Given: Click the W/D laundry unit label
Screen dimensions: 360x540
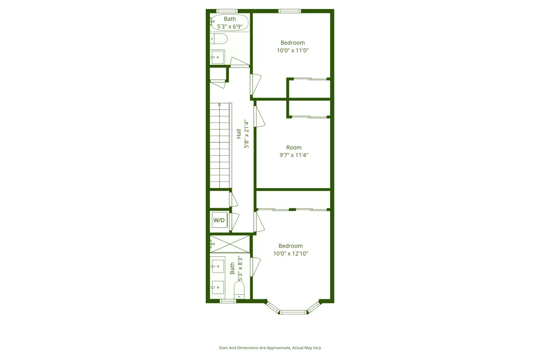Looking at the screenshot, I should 219,220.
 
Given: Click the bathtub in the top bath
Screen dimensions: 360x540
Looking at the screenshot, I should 229,22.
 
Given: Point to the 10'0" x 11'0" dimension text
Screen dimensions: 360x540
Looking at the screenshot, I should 292,50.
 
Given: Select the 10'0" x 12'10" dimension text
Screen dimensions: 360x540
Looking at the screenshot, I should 290,253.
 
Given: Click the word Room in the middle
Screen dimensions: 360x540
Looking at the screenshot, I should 294,148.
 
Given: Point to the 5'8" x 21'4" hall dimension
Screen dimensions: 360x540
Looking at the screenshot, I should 246,134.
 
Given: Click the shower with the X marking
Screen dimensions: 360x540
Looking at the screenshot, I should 229,244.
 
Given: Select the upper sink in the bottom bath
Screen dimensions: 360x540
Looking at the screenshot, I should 218,266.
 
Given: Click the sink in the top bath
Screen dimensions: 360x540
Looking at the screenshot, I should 217,57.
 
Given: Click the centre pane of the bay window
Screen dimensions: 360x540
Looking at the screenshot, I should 293,311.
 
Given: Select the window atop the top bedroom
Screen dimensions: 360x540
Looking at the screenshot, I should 289,11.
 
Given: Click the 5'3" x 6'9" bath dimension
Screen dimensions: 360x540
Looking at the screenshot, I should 229,27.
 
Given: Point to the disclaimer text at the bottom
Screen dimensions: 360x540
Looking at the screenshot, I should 270,348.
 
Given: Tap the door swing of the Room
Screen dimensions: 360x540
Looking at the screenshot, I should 259,116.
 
